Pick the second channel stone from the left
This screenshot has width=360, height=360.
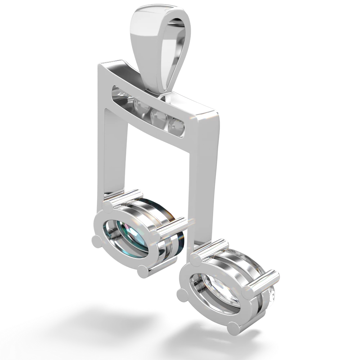pos(138,105)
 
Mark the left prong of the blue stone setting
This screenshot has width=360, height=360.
pos(97,241)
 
